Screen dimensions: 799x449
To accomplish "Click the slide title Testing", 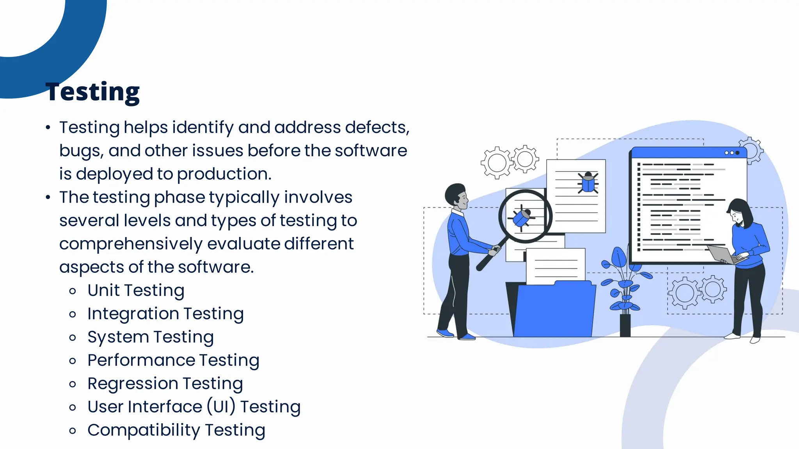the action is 92,92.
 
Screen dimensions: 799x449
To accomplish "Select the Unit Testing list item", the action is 136,290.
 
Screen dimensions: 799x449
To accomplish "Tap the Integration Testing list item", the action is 165,314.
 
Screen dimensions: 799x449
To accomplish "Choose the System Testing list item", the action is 150,337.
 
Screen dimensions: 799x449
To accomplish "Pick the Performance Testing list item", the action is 173,361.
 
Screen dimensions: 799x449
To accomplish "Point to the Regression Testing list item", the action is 165,384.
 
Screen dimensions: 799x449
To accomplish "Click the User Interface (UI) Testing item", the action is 194,407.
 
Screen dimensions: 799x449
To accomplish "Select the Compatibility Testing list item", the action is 176,430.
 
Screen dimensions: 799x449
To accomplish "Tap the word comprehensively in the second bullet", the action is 131,244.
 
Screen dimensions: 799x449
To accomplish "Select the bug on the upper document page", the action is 588,182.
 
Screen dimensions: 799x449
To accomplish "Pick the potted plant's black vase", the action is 625,325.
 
